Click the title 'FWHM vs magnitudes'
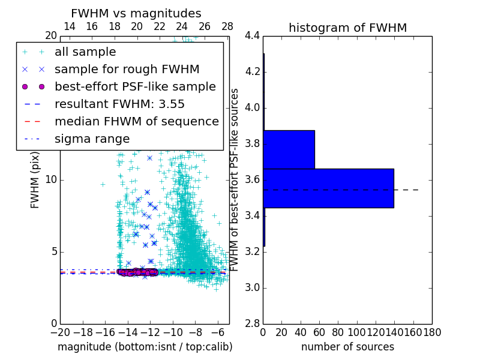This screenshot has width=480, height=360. coord(136,13)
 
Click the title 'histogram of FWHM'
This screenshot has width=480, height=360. coord(347,28)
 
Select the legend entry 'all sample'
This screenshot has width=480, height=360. coord(85,52)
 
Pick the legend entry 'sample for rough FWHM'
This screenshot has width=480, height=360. coord(127,69)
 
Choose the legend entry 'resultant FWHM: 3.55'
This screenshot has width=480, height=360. coord(119,104)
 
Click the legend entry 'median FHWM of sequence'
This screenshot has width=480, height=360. coord(136,121)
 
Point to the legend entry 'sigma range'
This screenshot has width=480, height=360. coord(92,139)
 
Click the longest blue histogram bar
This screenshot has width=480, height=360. coord(328,188)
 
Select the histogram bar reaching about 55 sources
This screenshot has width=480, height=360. coord(289,149)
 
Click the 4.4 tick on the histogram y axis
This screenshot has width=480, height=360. coord(252,36)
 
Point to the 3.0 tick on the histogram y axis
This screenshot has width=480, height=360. coord(252,287)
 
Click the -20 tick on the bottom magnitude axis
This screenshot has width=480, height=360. coord(60,332)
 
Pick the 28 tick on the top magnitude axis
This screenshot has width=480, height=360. coord(227,26)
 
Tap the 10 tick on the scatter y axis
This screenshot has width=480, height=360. coord(51,180)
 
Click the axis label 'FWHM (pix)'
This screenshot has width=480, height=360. coord(35,180)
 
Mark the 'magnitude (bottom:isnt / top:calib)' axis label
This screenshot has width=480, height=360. coord(145,347)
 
